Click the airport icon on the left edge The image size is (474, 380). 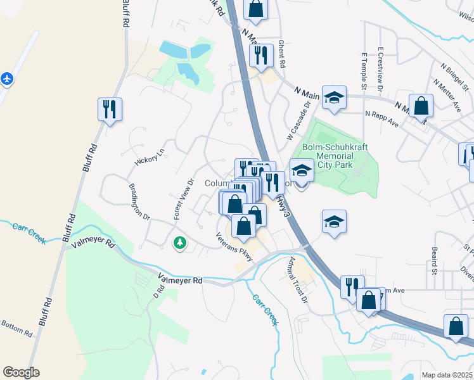tap(7, 79)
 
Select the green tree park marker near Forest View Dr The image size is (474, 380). tap(181, 242)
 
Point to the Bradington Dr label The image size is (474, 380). tap(139, 202)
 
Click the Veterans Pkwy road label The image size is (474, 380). tap(234, 248)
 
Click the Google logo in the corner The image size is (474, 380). tap(21, 372)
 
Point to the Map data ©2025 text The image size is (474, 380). tap(446, 375)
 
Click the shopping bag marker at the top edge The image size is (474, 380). tap(255, 9)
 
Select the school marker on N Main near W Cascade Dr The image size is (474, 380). tap(334, 98)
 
